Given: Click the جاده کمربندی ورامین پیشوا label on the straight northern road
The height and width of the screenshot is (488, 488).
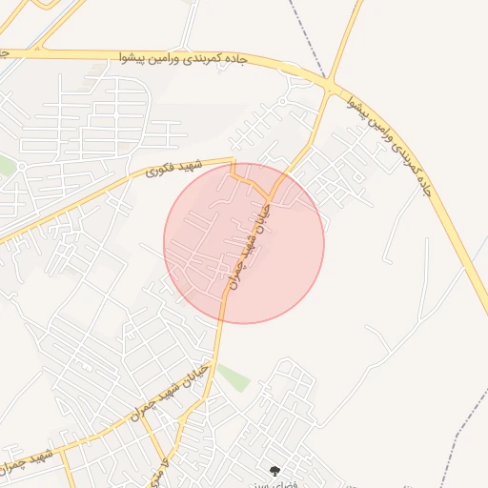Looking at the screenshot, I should coord(184,59).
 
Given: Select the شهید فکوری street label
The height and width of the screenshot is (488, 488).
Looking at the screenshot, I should coord(166,170).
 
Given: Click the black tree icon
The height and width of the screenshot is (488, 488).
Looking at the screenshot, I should coord(275,470).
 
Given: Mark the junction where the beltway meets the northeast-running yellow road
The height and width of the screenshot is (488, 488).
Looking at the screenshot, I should coord(330,87).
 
